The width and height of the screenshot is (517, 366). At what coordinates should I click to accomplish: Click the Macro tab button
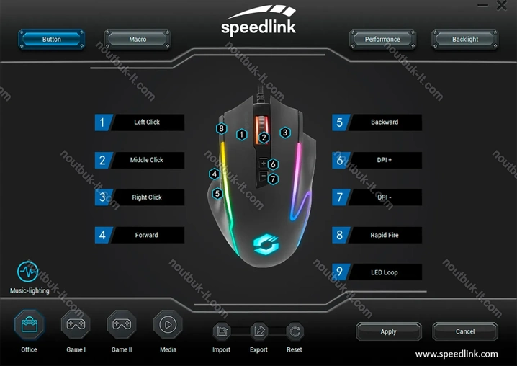pyautogui.click(x=138, y=39)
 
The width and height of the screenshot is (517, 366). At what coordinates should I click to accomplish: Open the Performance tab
pyautogui.click(x=382, y=39)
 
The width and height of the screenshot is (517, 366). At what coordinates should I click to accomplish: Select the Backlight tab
pyautogui.click(x=464, y=39)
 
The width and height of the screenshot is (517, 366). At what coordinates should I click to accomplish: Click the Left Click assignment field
pyautogui.click(x=148, y=122)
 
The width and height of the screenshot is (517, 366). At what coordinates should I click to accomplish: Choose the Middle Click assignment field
pyautogui.click(x=148, y=160)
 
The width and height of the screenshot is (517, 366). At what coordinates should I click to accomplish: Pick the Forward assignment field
pyautogui.click(x=148, y=235)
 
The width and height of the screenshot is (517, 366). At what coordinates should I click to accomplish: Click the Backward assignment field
pyautogui.click(x=385, y=122)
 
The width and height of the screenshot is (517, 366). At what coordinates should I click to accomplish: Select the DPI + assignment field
pyautogui.click(x=385, y=160)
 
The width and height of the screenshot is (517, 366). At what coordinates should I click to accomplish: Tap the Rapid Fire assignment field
pyautogui.click(x=385, y=235)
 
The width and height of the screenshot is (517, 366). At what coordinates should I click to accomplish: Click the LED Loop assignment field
pyautogui.click(x=385, y=272)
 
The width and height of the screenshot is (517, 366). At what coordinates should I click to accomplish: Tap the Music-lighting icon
pyautogui.click(x=28, y=272)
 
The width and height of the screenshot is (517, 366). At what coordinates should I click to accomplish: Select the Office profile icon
pyautogui.click(x=30, y=325)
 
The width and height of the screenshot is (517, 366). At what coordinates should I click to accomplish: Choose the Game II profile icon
pyautogui.click(x=121, y=325)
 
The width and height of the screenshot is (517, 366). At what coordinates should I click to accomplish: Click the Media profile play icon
pyautogui.click(x=167, y=325)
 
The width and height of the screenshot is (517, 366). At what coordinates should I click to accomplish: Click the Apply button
pyautogui.click(x=388, y=331)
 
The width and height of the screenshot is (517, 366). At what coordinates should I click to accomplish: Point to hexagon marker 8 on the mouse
pyautogui.click(x=222, y=129)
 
